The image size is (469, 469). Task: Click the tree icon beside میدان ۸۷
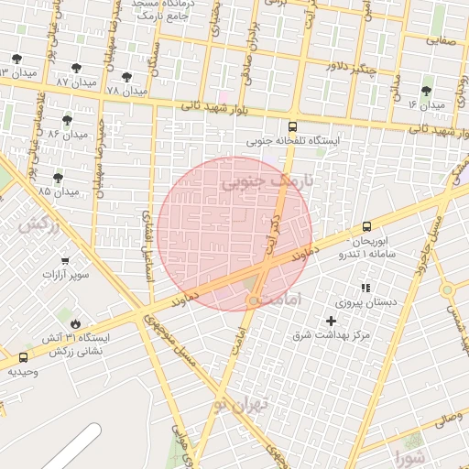point(76,68)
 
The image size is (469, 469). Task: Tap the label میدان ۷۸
point(126,92)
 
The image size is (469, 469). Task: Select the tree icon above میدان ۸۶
point(67,119)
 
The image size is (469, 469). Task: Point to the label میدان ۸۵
point(59,191)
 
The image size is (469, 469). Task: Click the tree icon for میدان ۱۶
point(426,91)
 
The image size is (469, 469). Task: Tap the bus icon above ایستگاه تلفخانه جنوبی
point(292,127)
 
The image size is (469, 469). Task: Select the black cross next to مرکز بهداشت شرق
point(332,321)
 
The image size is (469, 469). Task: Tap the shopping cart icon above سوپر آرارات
point(64,260)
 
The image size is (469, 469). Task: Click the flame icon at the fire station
point(75,323)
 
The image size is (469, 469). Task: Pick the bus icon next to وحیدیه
point(23,356)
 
